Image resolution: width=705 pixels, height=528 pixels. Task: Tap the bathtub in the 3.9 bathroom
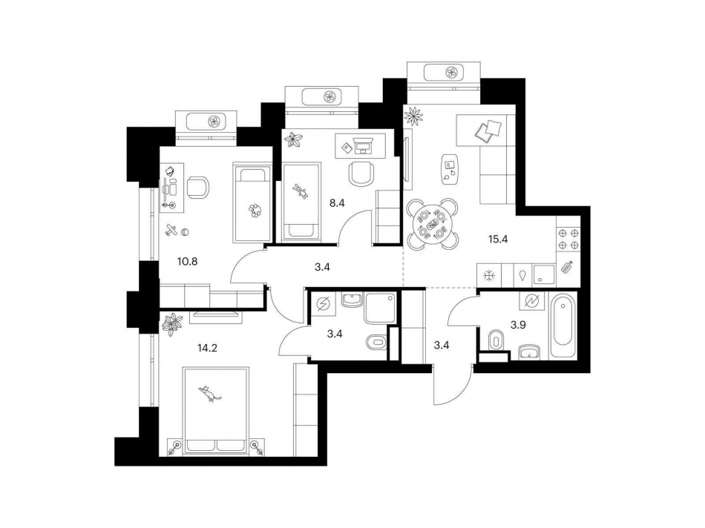[x=562, y=327]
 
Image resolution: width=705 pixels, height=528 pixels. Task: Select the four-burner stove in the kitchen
[x=569, y=238]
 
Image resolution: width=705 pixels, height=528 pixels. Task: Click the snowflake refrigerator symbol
[x=489, y=276]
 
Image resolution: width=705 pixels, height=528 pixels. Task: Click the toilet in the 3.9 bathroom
[x=495, y=340]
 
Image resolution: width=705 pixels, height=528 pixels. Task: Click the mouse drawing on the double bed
[x=212, y=393]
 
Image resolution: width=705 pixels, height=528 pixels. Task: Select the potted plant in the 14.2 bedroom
[x=173, y=323]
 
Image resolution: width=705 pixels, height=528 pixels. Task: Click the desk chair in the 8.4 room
[x=361, y=174]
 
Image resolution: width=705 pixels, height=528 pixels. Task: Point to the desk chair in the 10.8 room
[x=197, y=187]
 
